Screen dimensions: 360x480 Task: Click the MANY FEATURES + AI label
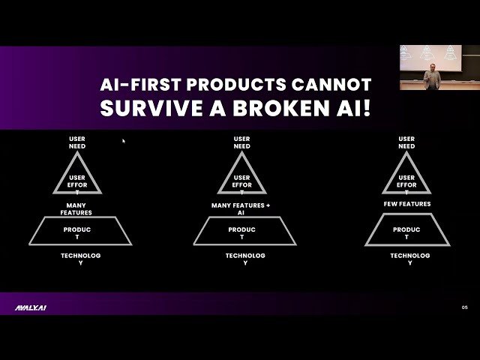point(241,208)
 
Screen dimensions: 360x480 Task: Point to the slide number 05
point(464,307)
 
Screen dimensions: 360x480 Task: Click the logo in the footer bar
point(31,307)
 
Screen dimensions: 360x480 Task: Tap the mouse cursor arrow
point(124,140)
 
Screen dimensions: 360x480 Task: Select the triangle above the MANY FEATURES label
point(77,177)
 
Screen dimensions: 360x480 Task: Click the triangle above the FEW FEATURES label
point(406,177)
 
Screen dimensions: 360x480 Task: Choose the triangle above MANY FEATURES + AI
point(241,177)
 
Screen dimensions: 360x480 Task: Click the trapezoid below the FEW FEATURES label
point(406,230)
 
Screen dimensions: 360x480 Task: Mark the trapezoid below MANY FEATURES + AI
point(241,230)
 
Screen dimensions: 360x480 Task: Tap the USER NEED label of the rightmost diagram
point(406,142)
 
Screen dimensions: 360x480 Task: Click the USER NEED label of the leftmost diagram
point(77,142)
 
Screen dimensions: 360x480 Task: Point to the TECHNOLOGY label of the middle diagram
point(245,259)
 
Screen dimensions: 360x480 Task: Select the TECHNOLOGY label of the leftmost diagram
point(80,259)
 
